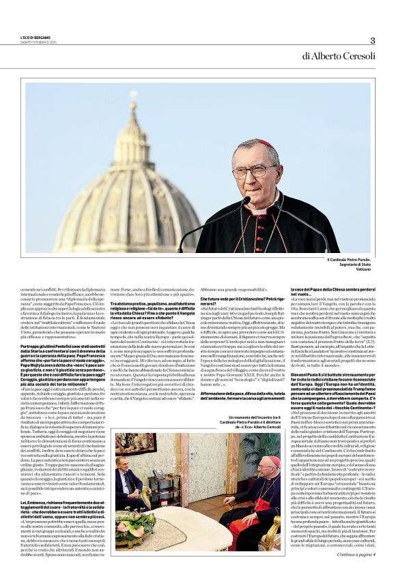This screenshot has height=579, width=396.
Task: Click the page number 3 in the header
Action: [x=372, y=40]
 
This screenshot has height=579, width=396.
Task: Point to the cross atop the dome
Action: [x=133, y=96]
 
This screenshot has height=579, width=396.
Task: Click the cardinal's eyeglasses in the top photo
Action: [x=254, y=170]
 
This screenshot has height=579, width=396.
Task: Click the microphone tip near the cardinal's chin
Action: [x=246, y=201]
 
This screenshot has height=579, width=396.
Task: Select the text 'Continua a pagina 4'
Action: [x=356, y=554]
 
